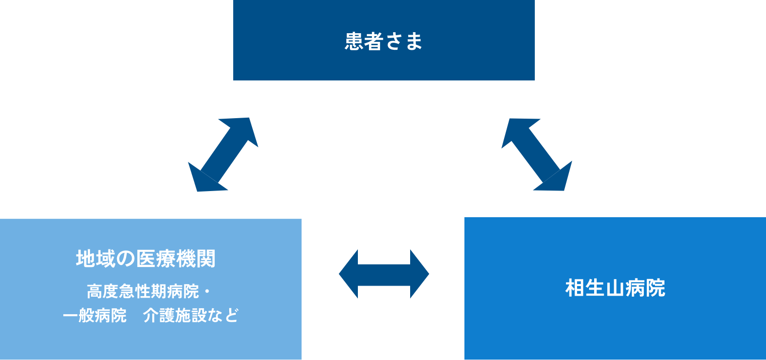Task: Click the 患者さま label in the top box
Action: coord(384,41)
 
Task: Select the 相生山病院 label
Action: coord(615,288)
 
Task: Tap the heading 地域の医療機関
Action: coord(146,259)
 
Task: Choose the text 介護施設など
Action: coord(190,316)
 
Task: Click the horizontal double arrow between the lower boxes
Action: coord(384,274)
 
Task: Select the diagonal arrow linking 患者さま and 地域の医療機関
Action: coord(223,154)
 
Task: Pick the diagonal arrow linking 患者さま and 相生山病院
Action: coord(537,154)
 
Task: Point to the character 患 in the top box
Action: coord(354,41)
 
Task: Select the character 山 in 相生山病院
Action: coord(615,288)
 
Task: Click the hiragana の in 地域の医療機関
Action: coord(128,259)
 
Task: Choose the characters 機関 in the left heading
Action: coord(198,259)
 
